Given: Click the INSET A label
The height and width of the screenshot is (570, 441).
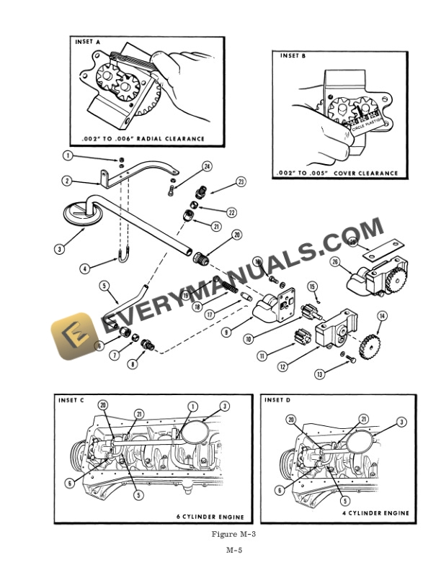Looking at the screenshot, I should (89, 42).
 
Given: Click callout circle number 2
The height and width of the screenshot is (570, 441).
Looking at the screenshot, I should (66, 181).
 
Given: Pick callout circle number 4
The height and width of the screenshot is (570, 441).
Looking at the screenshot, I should (84, 268).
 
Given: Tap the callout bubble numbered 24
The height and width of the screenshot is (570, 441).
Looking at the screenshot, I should (207, 166).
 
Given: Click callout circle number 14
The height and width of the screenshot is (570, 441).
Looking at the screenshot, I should (381, 315).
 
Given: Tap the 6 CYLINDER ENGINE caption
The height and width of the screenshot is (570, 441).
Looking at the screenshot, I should (210, 517).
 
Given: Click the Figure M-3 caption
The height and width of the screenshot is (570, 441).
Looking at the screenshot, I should (234, 533).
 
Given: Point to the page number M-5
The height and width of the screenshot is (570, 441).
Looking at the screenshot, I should (234, 550).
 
